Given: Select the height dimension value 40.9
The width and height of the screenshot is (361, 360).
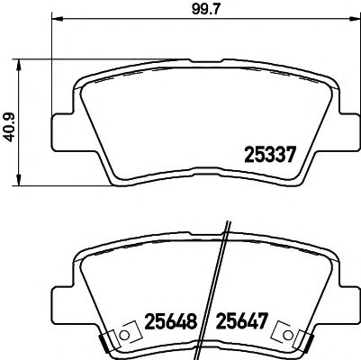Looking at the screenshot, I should (12, 121).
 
